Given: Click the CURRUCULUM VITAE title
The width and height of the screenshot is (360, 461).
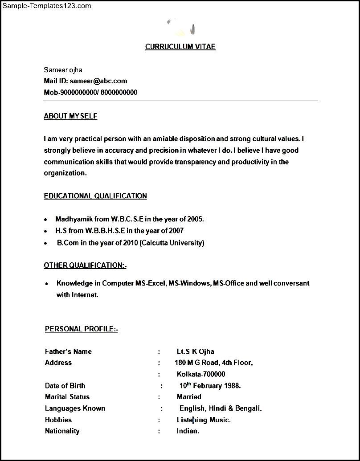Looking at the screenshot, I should (180, 47).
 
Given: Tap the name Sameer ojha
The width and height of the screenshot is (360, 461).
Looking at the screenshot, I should (63, 69).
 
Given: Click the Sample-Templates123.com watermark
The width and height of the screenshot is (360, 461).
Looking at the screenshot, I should (46, 6).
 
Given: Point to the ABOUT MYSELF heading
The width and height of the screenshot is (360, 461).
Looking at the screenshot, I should (70, 116).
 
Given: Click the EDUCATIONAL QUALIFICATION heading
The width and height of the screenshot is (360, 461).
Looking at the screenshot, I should (95, 196).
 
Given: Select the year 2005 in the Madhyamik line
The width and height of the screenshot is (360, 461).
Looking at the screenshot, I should (195, 219).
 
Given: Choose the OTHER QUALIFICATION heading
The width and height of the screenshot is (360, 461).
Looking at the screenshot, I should (85, 265).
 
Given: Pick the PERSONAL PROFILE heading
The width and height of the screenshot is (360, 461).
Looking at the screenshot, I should (81, 329).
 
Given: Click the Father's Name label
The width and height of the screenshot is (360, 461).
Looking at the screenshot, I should (68, 351).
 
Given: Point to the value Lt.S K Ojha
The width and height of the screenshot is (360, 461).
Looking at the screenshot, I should (195, 351).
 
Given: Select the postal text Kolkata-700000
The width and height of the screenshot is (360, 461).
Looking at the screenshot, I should (200, 374).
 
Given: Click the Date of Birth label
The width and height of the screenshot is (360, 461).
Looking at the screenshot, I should (65, 386).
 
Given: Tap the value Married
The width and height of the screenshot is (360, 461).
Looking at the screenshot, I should (189, 397).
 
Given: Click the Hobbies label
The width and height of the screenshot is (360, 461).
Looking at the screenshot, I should (58, 420).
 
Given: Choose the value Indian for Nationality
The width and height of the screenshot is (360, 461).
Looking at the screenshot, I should (188, 431).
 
